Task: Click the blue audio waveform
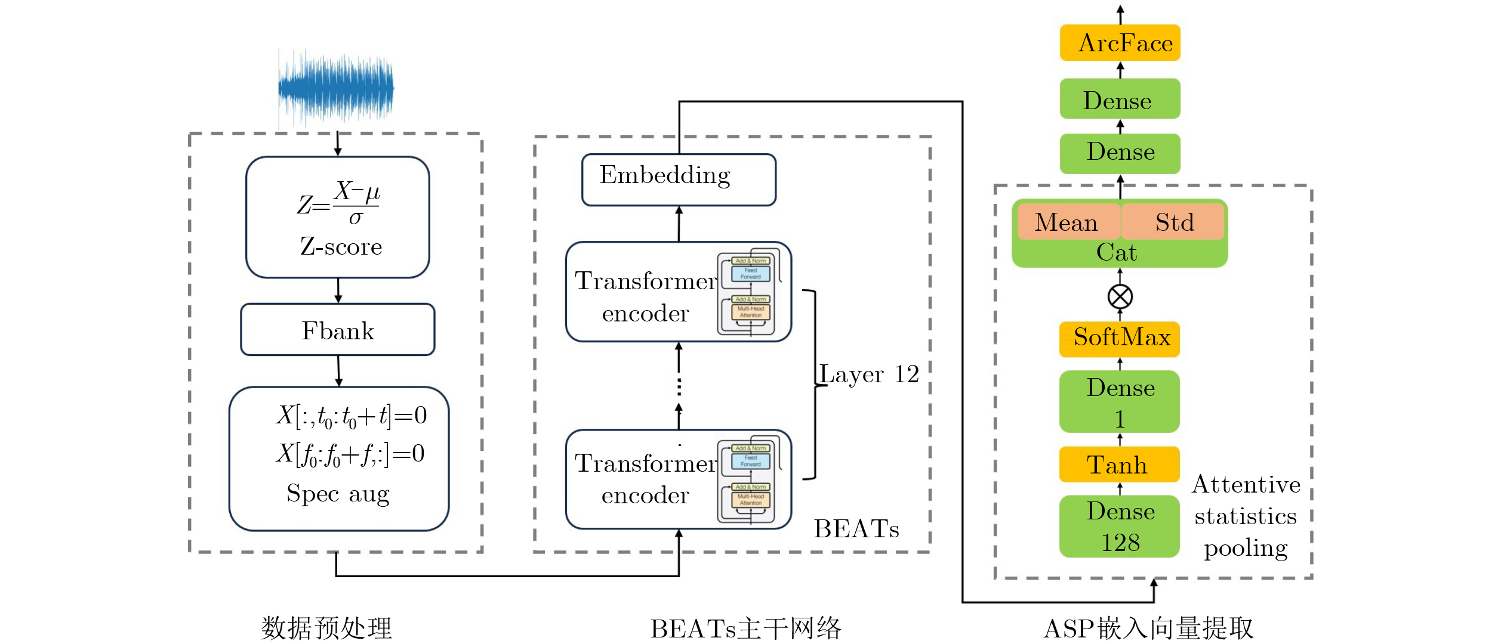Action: coord(336,88)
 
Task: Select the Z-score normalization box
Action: coord(338,218)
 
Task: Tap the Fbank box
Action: coord(338,330)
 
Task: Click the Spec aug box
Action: coord(338,459)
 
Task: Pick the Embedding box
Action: coord(679,179)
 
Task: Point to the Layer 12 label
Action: coord(869,374)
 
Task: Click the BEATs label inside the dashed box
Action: coord(856,529)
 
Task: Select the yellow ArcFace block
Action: coord(1120,43)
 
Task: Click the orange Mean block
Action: coord(1067,222)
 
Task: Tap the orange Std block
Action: coord(1173,222)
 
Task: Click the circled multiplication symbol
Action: coord(1120,296)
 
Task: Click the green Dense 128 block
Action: coord(1120,527)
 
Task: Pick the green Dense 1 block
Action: coord(1120,402)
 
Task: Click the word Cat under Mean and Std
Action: coord(1117,253)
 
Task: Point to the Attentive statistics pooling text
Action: coord(1246,516)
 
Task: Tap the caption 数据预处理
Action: coord(326,628)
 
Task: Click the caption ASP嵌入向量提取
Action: coord(1148,628)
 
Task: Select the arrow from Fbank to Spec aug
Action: coord(338,371)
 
